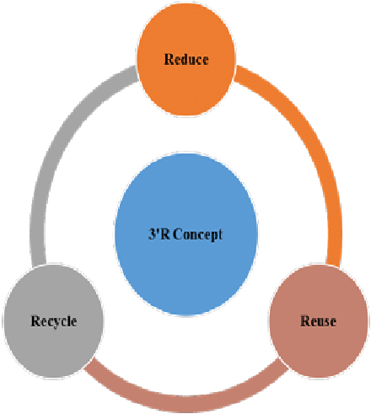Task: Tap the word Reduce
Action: (186, 60)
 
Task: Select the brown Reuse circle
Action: (318, 320)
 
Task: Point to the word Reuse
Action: (318, 321)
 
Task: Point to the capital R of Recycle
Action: (34, 321)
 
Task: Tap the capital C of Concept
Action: (179, 234)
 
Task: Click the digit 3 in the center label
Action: (148, 234)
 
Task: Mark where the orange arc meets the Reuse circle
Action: (338, 269)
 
